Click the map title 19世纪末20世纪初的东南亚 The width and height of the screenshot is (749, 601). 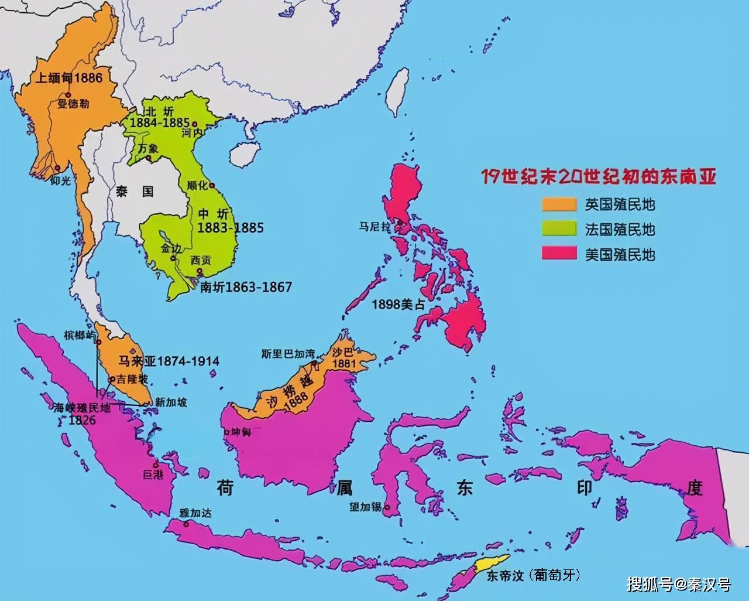[x=599, y=176]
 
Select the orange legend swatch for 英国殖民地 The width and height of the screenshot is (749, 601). [x=559, y=204]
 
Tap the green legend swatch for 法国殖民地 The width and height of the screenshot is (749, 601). [x=559, y=229]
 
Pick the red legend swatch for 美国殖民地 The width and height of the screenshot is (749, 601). [x=559, y=254]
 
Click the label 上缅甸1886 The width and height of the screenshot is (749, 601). [x=68, y=78]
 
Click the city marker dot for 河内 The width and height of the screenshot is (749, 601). [x=195, y=124]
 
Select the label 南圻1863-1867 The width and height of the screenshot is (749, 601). [x=246, y=287]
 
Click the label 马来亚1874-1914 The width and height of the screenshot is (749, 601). [x=169, y=361]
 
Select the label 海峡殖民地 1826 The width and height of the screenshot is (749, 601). [x=82, y=414]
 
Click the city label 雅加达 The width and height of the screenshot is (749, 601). [x=196, y=513]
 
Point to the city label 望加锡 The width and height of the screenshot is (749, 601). [x=366, y=507]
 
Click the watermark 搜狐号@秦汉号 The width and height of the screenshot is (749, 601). [x=679, y=584]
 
